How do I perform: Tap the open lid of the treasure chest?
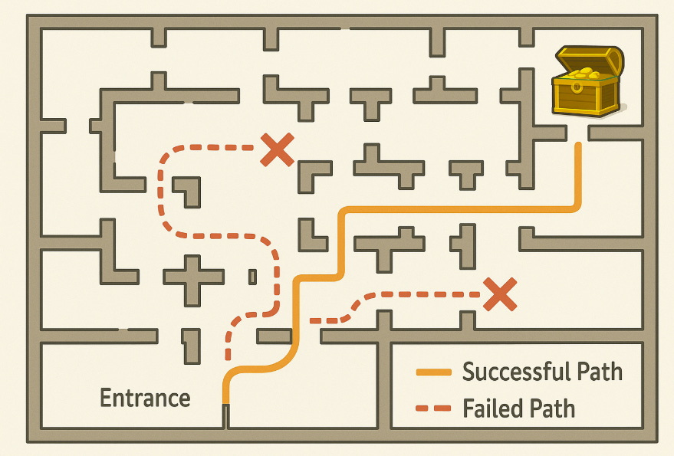coord(589,60)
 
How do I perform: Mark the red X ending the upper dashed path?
coord(277,149)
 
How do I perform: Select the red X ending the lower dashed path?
coord(499,294)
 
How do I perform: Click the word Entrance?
coord(146,398)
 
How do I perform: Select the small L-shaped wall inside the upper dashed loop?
coord(189,190)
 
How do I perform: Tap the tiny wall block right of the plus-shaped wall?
coord(252,277)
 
